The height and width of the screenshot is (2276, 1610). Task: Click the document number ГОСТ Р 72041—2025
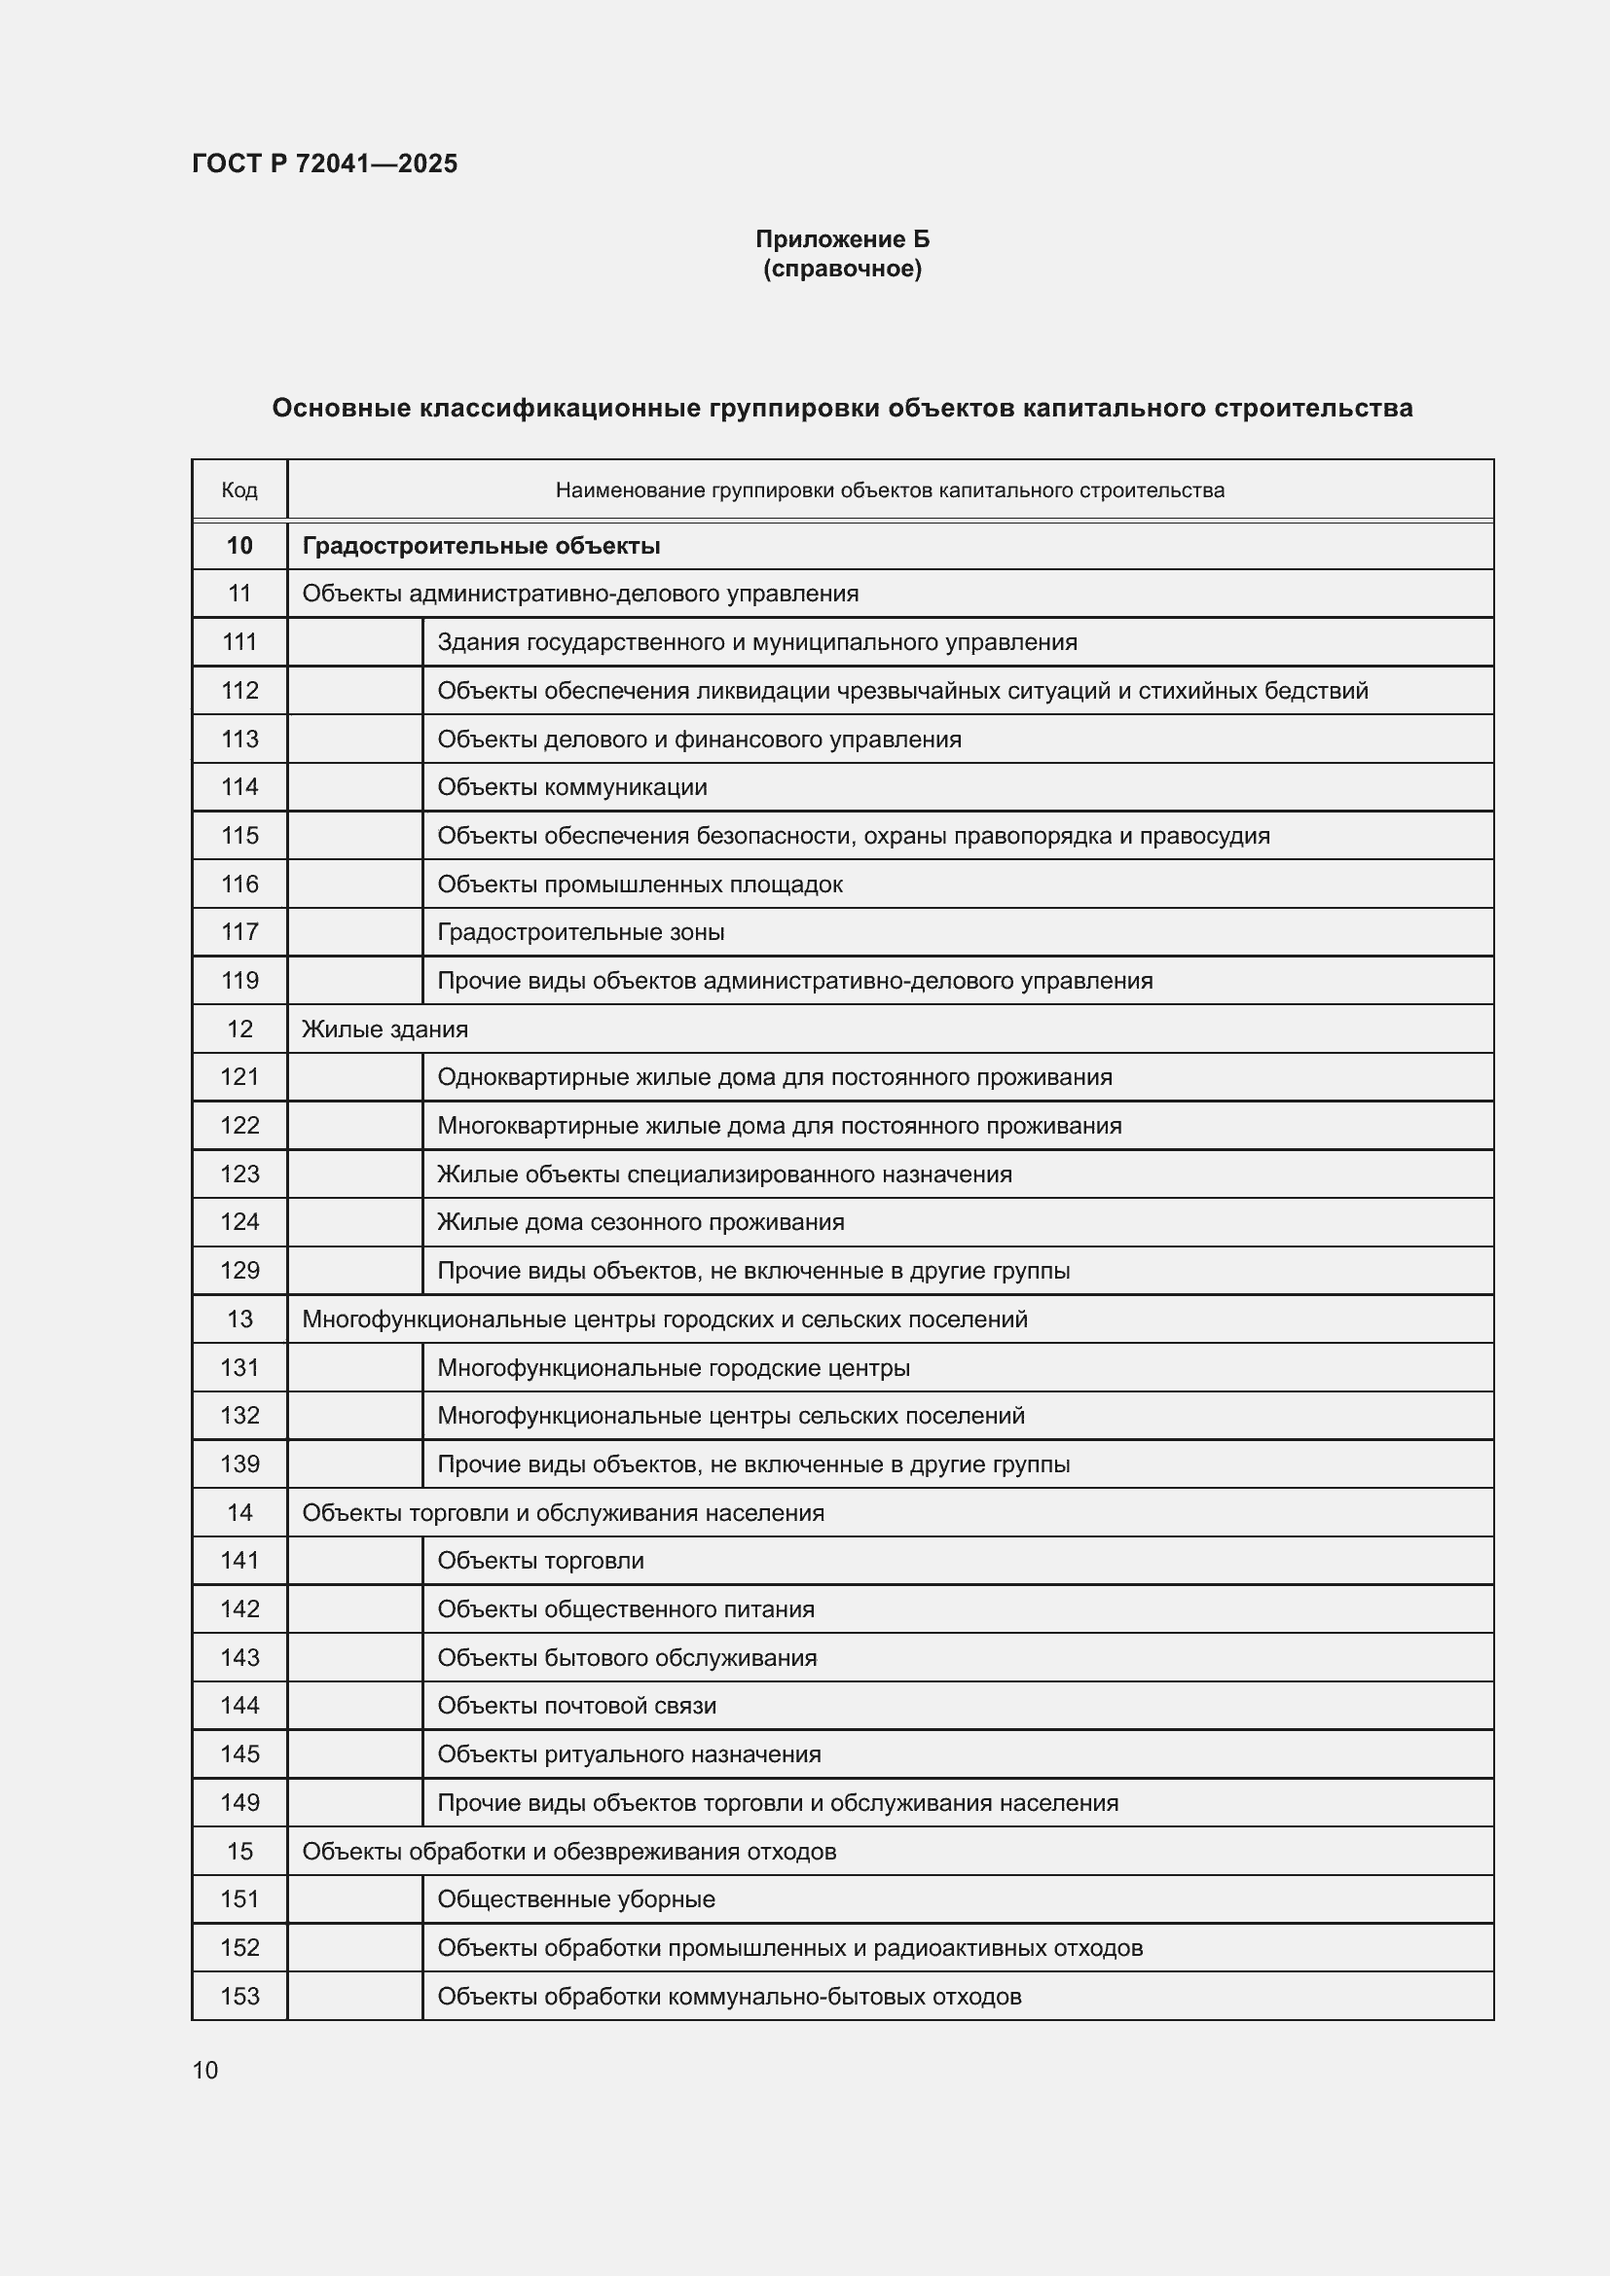[x=324, y=163]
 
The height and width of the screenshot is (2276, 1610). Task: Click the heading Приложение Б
[x=842, y=239]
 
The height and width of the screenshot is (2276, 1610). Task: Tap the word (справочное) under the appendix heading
[x=842, y=269]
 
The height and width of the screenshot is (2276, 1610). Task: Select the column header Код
[x=238, y=489]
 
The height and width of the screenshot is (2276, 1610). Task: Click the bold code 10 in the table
[x=238, y=545]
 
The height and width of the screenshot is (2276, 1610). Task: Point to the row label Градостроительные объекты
[x=481, y=545]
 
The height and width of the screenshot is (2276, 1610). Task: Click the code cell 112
[x=238, y=690]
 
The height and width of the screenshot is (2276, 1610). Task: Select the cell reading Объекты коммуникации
[x=572, y=787]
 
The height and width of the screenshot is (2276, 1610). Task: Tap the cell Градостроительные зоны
[x=580, y=932]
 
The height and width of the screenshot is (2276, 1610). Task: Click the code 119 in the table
[x=238, y=981]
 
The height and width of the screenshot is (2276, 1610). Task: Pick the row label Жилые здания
[x=384, y=1029]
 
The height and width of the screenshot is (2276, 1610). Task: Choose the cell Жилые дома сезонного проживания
[x=640, y=1222]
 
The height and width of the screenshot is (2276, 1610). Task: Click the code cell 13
[x=238, y=1319]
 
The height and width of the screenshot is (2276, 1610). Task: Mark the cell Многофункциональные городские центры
[x=674, y=1368]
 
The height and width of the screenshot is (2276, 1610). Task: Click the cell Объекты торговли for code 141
[x=540, y=1560]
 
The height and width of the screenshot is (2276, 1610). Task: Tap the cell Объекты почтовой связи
[x=576, y=1705]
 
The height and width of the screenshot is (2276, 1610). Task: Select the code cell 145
[x=238, y=1753]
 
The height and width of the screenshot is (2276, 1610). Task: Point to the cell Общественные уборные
[x=576, y=1899]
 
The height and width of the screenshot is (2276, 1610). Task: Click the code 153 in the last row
[x=238, y=1996]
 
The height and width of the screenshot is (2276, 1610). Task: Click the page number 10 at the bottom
[x=205, y=2070]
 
